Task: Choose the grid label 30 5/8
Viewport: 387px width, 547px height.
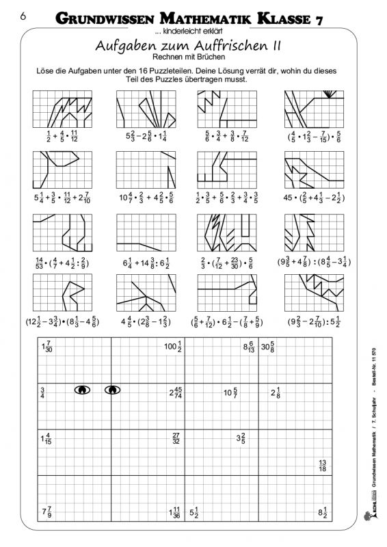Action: click(x=267, y=347)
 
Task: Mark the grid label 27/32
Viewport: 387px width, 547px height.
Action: click(x=176, y=438)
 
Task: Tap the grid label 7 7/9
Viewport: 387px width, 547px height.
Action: click(x=46, y=511)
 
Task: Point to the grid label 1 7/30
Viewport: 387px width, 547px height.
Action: click(x=48, y=347)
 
